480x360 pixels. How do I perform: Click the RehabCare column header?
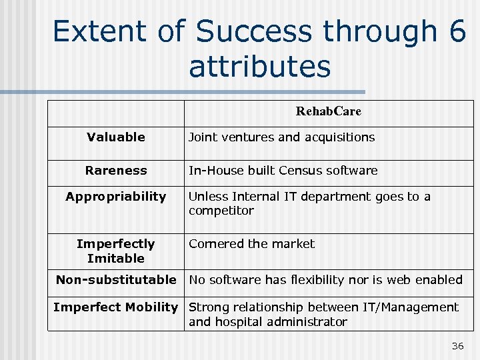coord(328,112)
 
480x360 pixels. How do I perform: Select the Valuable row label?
coord(116,137)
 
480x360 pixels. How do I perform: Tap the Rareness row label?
coord(116,171)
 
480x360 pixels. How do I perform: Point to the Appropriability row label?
coord(116,197)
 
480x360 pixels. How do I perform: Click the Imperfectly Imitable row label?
coord(116,251)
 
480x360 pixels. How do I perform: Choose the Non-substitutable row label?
coord(116,280)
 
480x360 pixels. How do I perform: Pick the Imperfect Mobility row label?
coord(116,307)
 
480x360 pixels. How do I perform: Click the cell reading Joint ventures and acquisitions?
coord(281,137)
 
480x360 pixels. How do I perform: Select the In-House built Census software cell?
coord(283,171)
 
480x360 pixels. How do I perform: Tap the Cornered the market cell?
coord(251,244)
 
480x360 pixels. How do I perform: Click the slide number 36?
coord(457,345)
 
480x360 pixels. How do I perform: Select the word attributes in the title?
coord(259,67)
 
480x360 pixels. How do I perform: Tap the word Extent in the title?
coord(100,32)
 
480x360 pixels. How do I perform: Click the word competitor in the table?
coord(221,211)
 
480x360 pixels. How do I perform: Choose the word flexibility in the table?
coord(317,280)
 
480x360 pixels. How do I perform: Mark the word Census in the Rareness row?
coord(302,171)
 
